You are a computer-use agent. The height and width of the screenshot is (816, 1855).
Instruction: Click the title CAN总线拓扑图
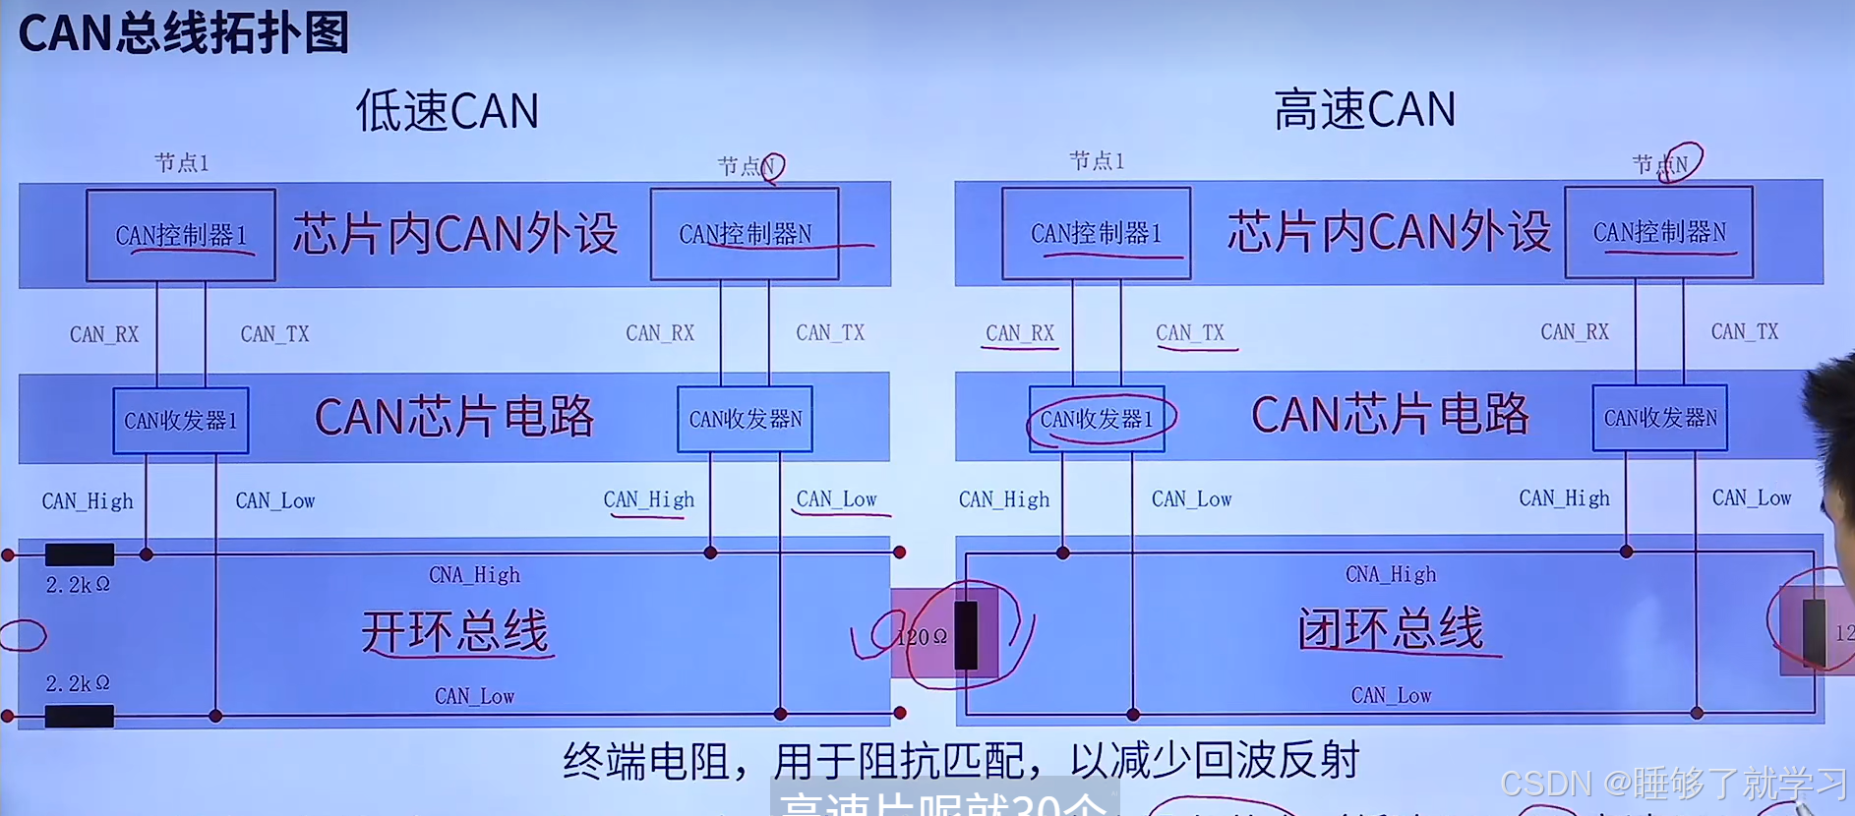click(184, 33)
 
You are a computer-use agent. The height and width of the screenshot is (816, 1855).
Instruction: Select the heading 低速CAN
click(448, 110)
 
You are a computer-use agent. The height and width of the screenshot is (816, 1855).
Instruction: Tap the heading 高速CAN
click(1364, 109)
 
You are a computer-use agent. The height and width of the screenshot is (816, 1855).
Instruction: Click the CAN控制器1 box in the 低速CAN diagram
click(181, 235)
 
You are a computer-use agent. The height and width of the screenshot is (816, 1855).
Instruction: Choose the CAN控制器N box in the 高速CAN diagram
click(1659, 232)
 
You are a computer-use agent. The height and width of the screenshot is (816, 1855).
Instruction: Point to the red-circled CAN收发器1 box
click(1097, 419)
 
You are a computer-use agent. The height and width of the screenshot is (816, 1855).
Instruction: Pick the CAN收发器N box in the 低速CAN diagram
click(745, 419)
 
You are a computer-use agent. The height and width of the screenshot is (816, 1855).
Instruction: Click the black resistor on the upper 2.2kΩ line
click(80, 554)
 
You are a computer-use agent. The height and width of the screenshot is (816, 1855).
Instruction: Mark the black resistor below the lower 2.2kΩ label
click(80, 716)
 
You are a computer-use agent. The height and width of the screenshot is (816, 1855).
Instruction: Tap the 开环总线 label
click(454, 631)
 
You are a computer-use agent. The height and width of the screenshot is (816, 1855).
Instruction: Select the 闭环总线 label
click(1390, 629)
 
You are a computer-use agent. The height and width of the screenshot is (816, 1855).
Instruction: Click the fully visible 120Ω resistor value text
click(923, 637)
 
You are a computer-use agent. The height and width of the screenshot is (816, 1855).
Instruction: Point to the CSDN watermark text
click(1673, 784)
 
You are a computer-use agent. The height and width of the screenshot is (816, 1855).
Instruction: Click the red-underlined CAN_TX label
click(1190, 333)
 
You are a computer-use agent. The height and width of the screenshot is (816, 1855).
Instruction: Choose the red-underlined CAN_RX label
click(1020, 333)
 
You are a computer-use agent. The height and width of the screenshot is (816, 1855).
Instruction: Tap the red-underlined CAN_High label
click(649, 499)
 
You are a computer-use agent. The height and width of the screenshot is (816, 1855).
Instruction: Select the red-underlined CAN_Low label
click(837, 499)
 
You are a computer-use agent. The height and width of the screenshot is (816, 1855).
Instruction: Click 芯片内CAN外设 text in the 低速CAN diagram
click(455, 234)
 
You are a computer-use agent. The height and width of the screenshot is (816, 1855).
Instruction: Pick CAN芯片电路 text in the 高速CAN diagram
click(1390, 415)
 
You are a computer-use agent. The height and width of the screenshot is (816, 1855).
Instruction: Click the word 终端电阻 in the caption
click(645, 761)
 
